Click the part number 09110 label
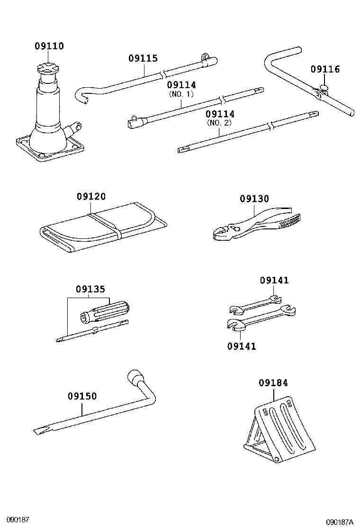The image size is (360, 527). [49, 46]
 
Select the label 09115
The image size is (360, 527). [143, 59]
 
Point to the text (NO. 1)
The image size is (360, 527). [181, 94]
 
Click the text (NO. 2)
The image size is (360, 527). [220, 123]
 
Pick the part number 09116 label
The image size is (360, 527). [325, 70]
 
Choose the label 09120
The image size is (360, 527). [91, 197]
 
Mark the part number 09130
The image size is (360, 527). [254, 200]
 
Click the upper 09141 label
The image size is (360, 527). [274, 281]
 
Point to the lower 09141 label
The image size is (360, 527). [241, 346]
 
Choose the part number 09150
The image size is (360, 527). [82, 396]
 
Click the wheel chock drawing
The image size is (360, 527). [280, 428]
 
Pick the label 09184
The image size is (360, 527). [273, 383]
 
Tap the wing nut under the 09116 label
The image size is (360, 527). [324, 88]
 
